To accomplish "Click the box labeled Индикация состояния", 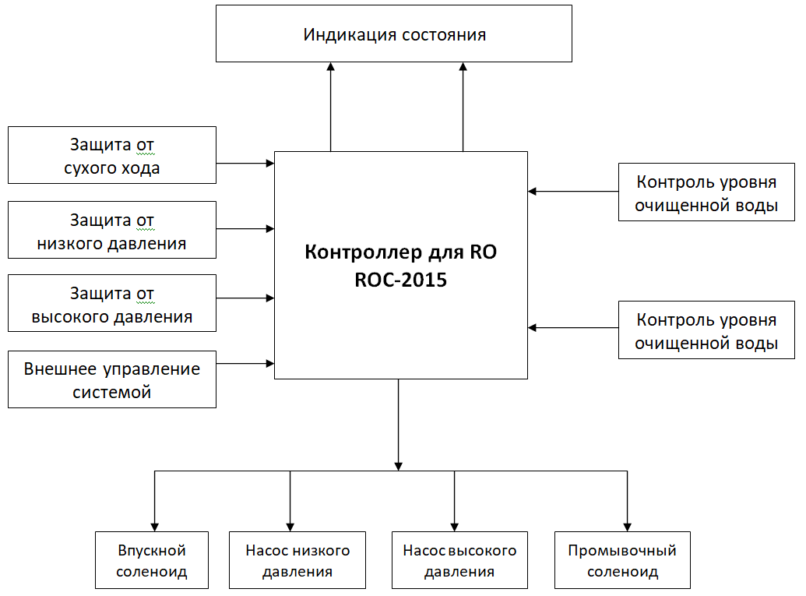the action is pyautogui.click(x=394, y=34).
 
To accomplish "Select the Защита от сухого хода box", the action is pyautogui.click(x=112, y=155).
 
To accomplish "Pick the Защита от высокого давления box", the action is pyautogui.click(x=112, y=303).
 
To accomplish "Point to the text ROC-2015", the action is pyautogui.click(x=401, y=280).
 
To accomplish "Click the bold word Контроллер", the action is pyautogui.click(x=364, y=252).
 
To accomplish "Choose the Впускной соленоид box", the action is pyautogui.click(x=152, y=560).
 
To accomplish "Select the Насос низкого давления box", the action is pyautogui.click(x=297, y=560).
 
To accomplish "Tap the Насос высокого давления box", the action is pyautogui.click(x=459, y=560).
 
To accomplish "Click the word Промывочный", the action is pyautogui.click(x=622, y=550).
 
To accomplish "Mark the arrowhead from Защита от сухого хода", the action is pyautogui.click(x=270, y=164).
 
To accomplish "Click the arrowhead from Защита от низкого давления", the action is pyautogui.click(x=270, y=229).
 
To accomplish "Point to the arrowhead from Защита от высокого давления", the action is pyautogui.click(x=270, y=298).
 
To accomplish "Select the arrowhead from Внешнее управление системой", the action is pyautogui.click(x=270, y=364).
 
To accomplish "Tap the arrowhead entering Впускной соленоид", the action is pyautogui.click(x=155, y=527).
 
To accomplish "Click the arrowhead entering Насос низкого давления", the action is pyautogui.click(x=290, y=527).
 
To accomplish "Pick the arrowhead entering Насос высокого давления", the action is pyautogui.click(x=455, y=527).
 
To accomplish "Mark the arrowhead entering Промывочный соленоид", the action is pyautogui.click(x=627, y=527).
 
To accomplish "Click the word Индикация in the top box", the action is pyautogui.click(x=350, y=35).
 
